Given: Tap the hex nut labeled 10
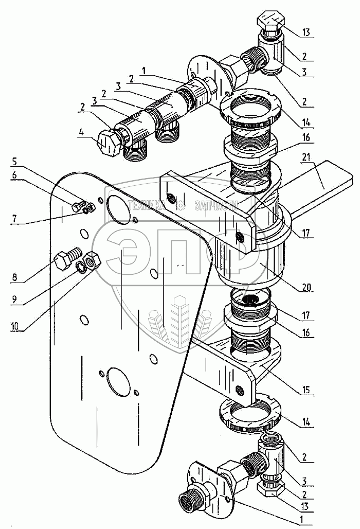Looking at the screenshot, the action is tap(92, 261).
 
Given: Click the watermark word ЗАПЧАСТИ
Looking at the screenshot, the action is tap(217, 206).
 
